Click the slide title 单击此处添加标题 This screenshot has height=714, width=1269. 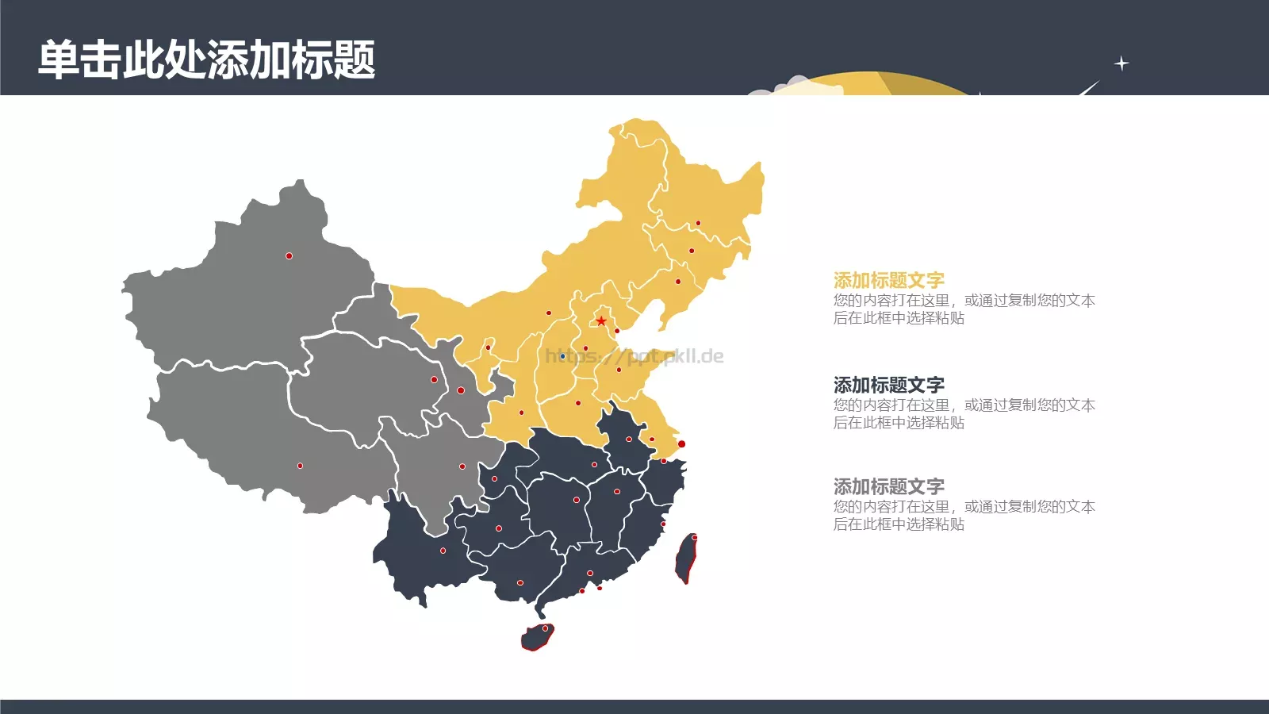pos(206,59)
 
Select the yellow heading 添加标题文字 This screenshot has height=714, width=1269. pos(888,280)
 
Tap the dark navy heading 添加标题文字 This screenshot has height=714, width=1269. pos(888,385)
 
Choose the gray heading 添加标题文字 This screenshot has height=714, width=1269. pos(888,486)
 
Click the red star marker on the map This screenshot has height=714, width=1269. pos(601,321)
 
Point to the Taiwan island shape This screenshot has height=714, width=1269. pos(685,559)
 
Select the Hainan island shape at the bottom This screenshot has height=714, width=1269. pos(537,637)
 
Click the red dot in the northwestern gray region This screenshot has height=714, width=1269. pos(289,255)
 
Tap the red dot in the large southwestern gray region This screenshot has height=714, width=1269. pos(300,466)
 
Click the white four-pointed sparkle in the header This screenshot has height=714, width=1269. pos(1121,63)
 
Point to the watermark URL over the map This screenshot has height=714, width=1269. pos(634,356)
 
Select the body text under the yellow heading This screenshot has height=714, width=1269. pos(964,309)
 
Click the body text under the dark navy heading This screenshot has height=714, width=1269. pos(964,414)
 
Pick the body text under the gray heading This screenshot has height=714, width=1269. pos(964,516)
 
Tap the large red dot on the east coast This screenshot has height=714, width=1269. pos(681,443)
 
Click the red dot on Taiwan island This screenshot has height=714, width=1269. pos(695,538)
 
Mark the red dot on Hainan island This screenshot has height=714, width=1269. pos(545,628)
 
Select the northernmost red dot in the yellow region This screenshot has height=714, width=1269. pos(698,223)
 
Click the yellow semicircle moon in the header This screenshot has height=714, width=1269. pos(872,83)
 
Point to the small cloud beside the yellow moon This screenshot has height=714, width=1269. pos(781,86)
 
